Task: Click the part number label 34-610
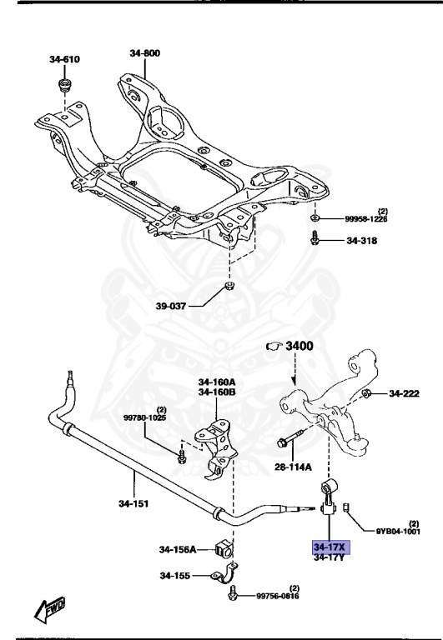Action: [x=63, y=59]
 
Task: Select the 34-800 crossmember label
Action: [x=144, y=53]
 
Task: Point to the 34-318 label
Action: [x=362, y=241]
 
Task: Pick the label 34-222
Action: [x=406, y=393]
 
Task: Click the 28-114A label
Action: [x=294, y=467]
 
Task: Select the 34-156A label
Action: [x=177, y=549]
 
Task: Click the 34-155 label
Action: [x=176, y=575]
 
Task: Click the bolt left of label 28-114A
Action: [x=283, y=441]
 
